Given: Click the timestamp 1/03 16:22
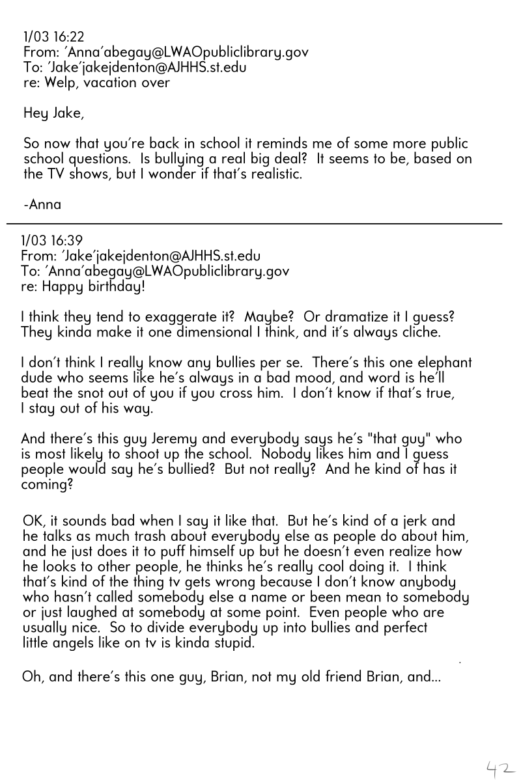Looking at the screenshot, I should click(x=54, y=36).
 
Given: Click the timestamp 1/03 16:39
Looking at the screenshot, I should click(x=52, y=240).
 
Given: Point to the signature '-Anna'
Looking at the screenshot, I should click(x=42, y=204).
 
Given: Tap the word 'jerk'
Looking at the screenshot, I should click(x=441, y=521).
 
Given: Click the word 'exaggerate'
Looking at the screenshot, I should click(x=169, y=316).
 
